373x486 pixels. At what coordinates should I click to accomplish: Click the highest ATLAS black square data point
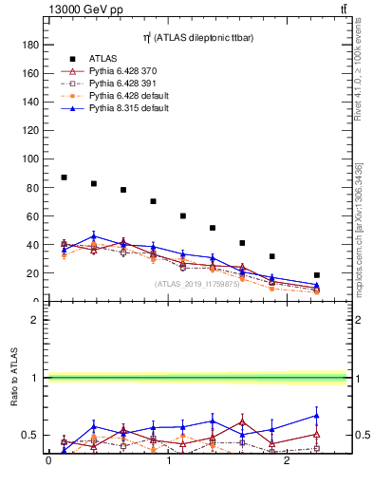click(x=64, y=178)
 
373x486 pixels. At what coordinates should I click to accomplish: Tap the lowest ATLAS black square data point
click(x=317, y=275)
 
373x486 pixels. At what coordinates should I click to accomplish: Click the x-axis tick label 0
click(x=48, y=461)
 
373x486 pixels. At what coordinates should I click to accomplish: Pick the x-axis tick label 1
click(x=169, y=461)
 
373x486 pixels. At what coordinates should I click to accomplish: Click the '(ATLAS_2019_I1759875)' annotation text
click(x=196, y=283)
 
